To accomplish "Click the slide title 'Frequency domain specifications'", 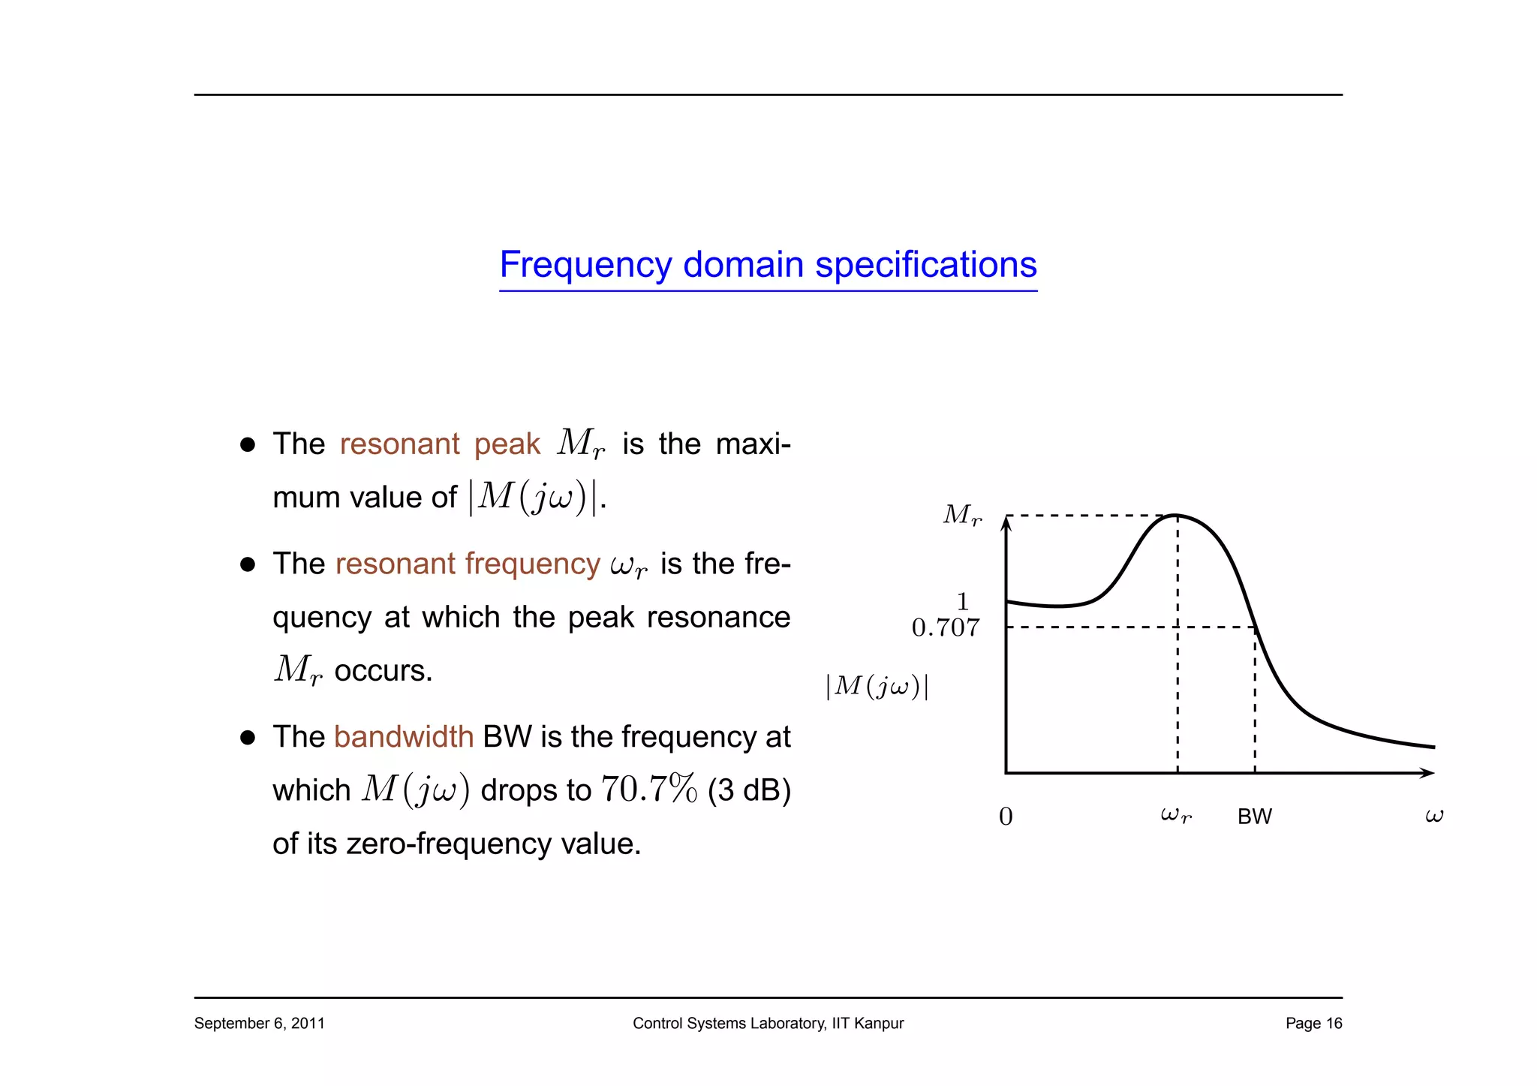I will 768,265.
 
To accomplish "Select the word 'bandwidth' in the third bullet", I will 404,737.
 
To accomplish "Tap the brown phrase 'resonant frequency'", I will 468,564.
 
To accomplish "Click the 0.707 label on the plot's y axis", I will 946,627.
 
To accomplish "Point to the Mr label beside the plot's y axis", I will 962,515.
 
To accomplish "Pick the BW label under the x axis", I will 1254,817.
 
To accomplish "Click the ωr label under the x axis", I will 1175,815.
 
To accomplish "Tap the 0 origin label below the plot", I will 1006,817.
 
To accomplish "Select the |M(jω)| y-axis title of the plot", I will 877,686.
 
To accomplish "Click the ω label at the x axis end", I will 1433,815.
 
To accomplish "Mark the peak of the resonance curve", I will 1176,516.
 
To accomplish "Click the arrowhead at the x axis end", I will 1428,773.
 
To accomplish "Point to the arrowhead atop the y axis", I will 1006,524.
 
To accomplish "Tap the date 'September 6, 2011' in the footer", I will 259,1023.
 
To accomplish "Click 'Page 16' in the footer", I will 1313,1023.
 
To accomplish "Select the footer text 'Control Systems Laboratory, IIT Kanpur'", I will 768,1023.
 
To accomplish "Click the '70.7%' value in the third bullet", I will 649,790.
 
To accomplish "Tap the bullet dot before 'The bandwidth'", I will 248,738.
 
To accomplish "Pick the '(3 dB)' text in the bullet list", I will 749,790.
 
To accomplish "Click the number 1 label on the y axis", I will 963,602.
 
